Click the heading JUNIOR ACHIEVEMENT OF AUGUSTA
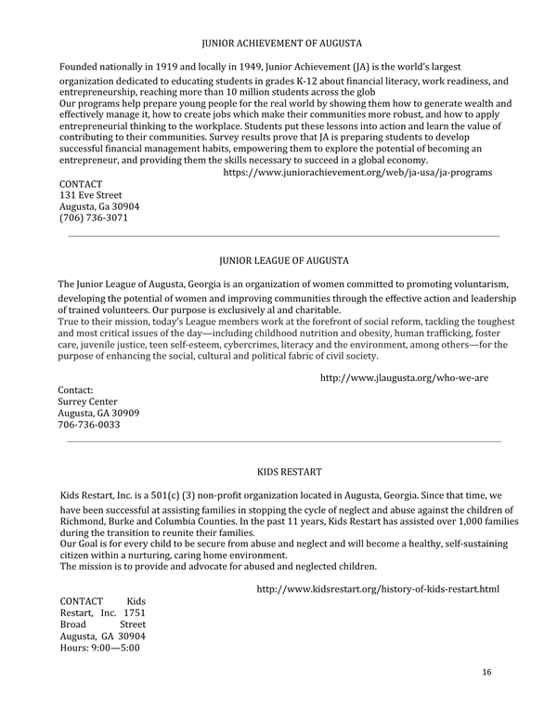pos(281,43)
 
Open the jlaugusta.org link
pos(404,378)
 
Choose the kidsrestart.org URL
pos(377,589)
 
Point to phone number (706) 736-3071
pos(94,218)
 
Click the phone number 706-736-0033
pos(88,425)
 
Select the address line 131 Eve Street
pos(91,196)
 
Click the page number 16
pos(486,671)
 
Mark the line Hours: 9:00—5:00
pos(99,648)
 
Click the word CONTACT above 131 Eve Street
pos(81,184)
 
